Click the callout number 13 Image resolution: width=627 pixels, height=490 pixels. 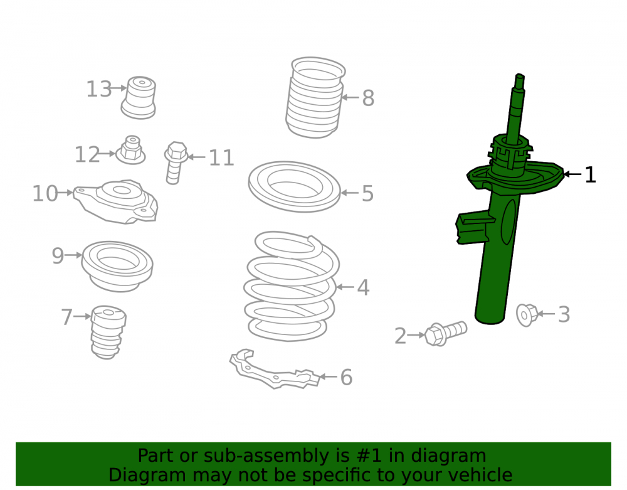pyautogui.click(x=99, y=89)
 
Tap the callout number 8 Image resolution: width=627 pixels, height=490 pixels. pyautogui.click(x=368, y=98)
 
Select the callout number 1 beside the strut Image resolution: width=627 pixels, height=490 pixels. pyautogui.click(x=590, y=175)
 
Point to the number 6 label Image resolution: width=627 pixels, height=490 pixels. pyautogui.click(x=346, y=377)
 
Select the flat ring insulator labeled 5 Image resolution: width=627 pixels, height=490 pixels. pyautogui.click(x=294, y=186)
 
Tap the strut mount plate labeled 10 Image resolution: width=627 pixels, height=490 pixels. pyautogui.click(x=116, y=201)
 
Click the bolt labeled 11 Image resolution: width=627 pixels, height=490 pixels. pyautogui.click(x=176, y=162)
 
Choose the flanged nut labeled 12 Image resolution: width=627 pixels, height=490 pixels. pyautogui.click(x=130, y=150)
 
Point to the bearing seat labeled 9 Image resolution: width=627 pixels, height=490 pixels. pyautogui.click(x=117, y=266)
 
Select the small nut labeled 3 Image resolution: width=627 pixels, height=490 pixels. pyautogui.click(x=527, y=315)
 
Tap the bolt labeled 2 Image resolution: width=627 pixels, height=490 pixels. pyautogui.click(x=445, y=334)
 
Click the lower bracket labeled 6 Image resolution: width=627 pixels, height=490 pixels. pyautogui.click(x=275, y=369)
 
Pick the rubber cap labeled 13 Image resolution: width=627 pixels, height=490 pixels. pyautogui.click(x=139, y=98)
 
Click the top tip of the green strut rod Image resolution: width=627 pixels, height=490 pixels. pyautogui.click(x=520, y=75)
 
